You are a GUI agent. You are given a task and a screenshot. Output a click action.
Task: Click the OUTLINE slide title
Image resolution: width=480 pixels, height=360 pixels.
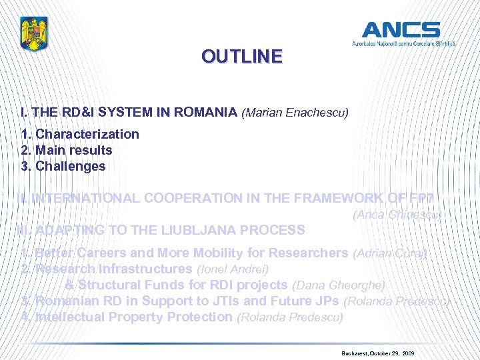click(242, 57)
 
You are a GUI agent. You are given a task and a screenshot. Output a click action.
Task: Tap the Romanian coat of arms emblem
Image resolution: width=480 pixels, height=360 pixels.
click(35, 34)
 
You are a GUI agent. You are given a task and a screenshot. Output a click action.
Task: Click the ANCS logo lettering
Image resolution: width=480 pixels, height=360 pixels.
click(401, 31)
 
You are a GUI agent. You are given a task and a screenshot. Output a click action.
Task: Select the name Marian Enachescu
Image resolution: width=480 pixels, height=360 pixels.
click(295, 113)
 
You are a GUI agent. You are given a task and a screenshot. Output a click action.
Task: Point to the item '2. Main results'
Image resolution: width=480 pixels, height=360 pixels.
click(67, 150)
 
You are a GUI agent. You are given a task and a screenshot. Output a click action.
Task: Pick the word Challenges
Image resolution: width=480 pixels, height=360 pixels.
click(71, 166)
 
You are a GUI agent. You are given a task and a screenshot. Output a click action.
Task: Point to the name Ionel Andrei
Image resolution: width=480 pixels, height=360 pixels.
click(233, 269)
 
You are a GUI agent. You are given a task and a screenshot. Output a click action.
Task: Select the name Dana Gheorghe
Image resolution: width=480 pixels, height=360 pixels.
click(338, 285)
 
